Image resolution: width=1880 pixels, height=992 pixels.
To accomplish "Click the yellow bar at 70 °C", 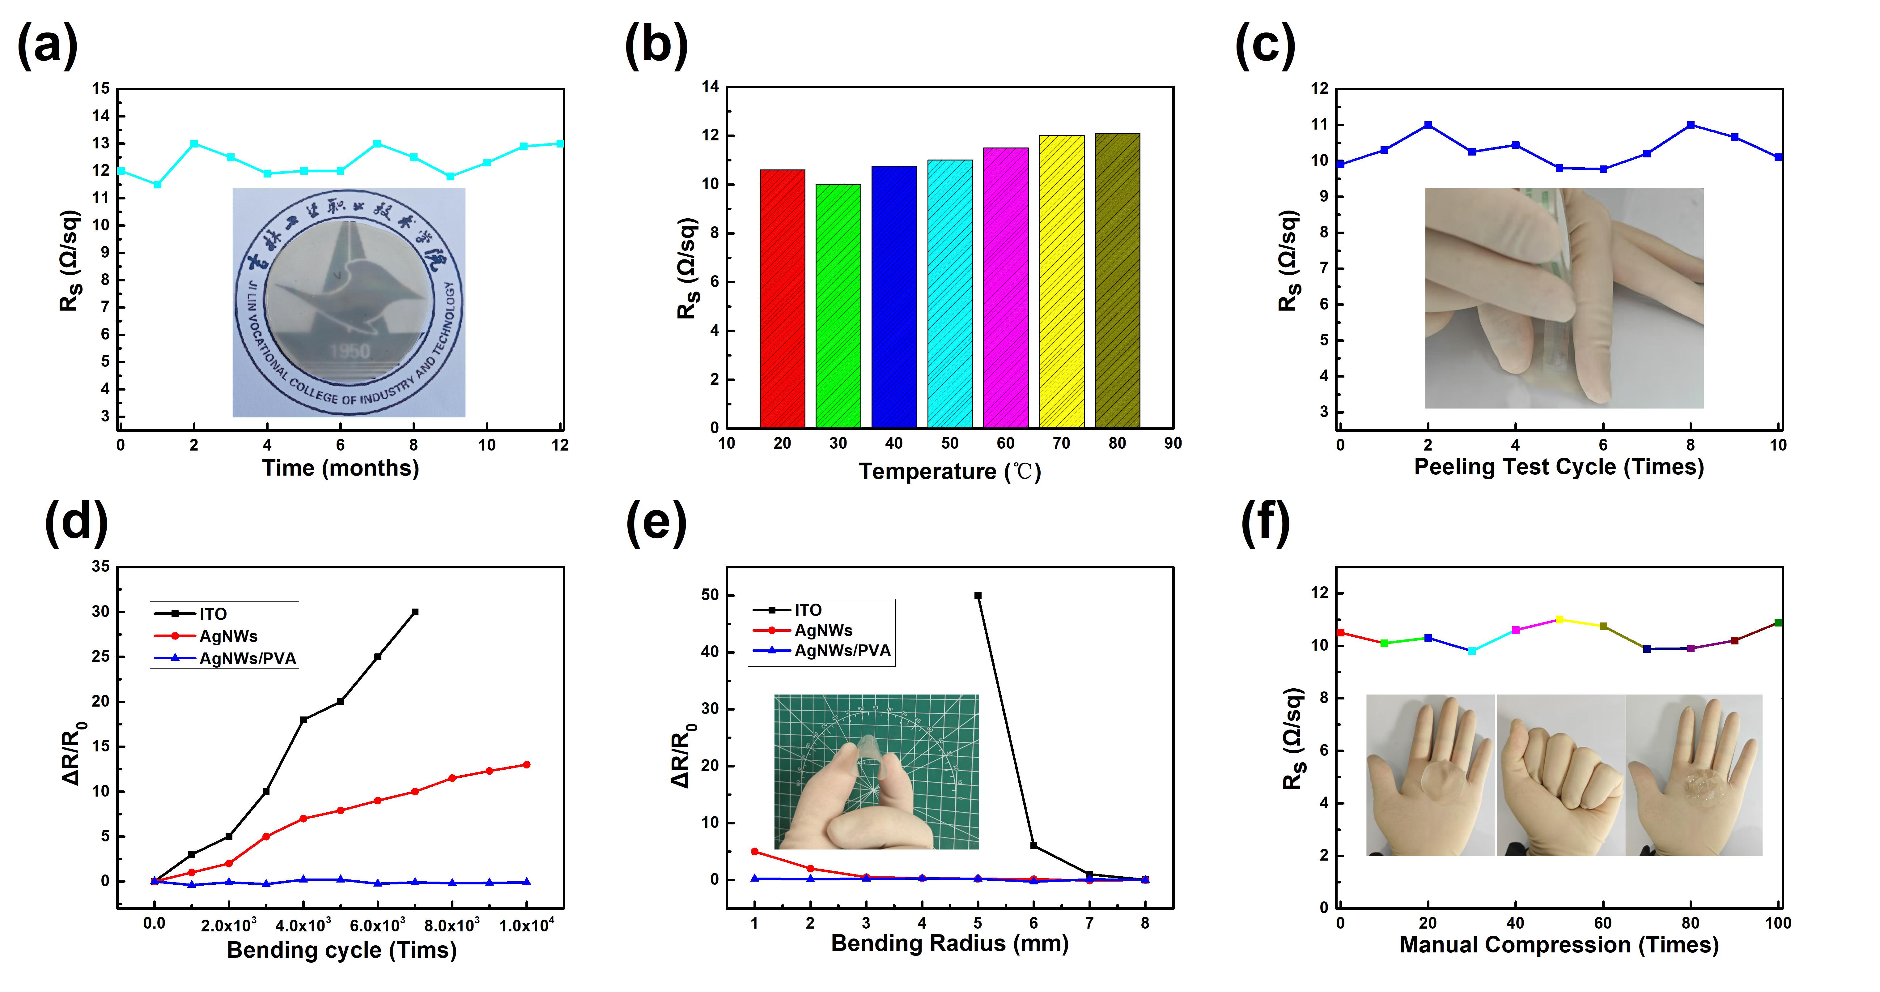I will coord(1061,281).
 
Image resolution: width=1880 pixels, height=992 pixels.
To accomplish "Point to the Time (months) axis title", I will coord(340,468).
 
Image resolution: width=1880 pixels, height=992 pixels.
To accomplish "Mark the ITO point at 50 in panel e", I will coord(978,596).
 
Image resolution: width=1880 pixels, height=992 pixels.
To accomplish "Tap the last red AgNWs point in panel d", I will coord(526,765).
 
